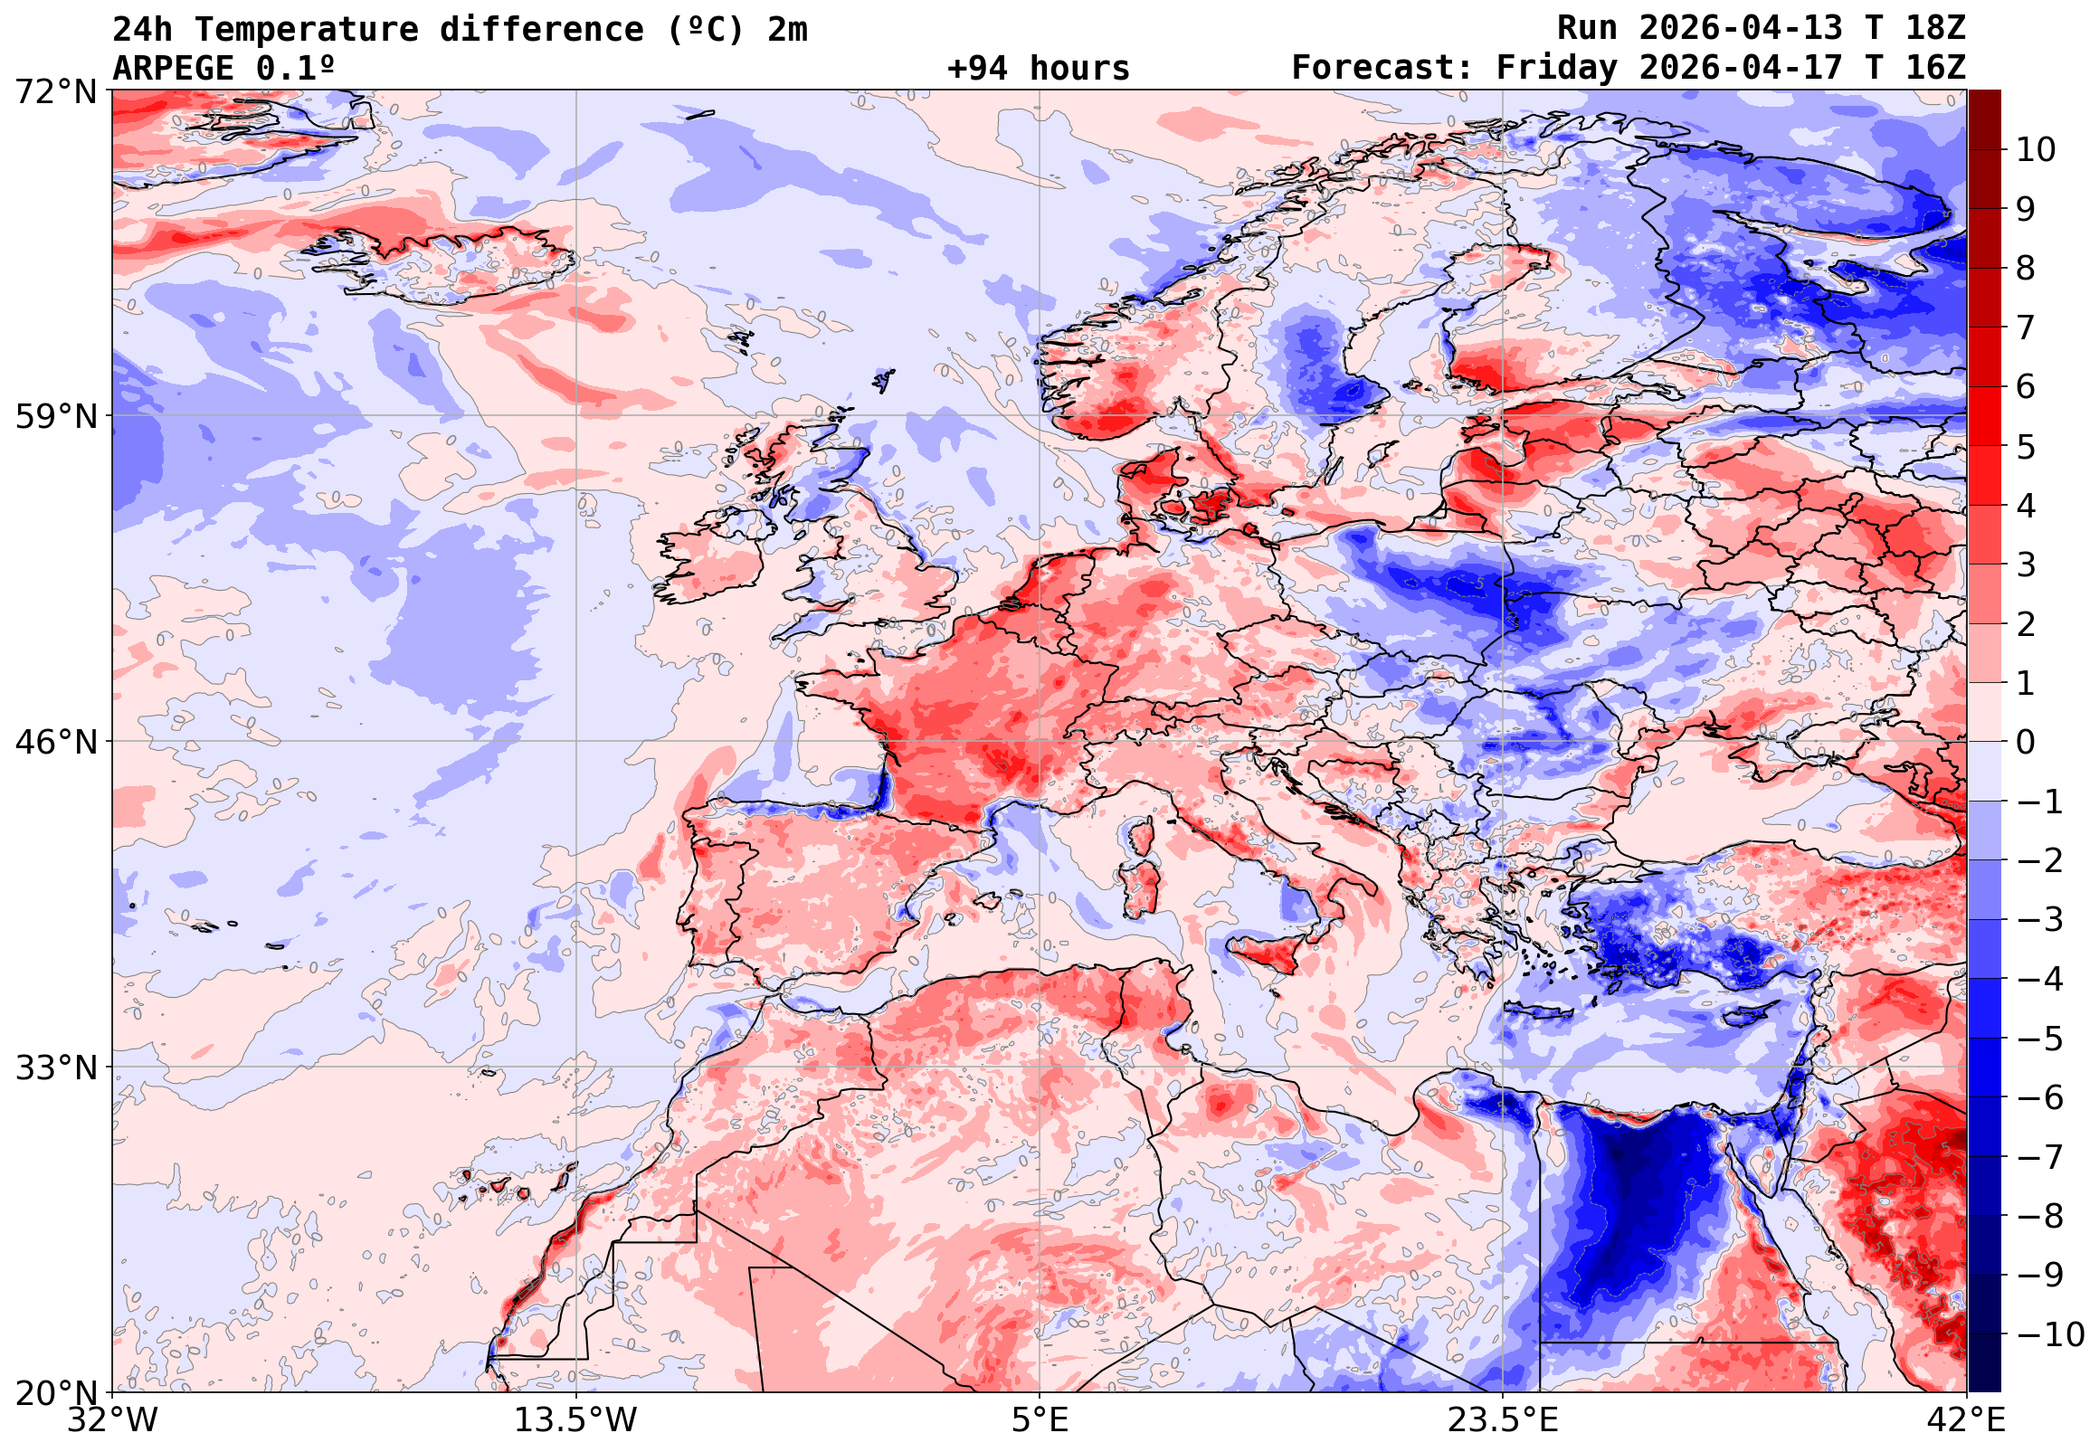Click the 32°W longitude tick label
pos(112,1420)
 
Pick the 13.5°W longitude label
pos(575,1420)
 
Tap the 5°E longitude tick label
pos(1039,1420)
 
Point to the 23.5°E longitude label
pos(1502,1420)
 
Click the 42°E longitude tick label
pos(1966,1420)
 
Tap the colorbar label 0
pos(2026,743)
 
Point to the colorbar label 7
pos(2026,327)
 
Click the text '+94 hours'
pos(1038,68)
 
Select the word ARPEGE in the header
pos(173,68)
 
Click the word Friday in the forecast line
pos(1557,68)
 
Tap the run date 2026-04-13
pos(1740,29)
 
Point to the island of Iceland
pos(446,264)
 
